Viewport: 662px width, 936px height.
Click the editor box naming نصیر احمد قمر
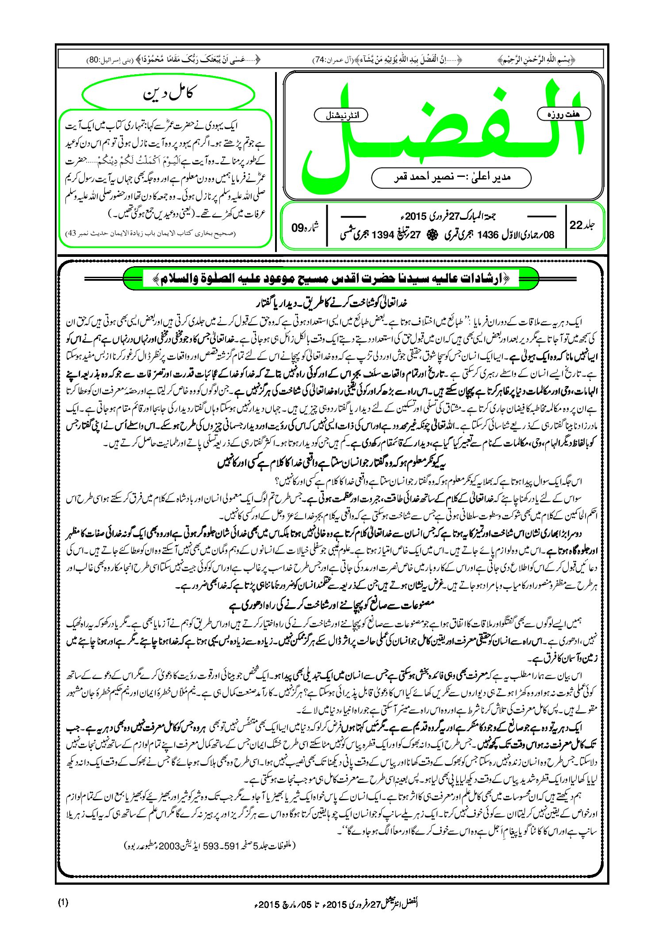pyautogui.click(x=451, y=177)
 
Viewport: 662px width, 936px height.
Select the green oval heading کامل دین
pyautogui.click(x=168, y=94)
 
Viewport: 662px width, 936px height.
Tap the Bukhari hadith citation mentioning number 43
pyautogui.click(x=150, y=233)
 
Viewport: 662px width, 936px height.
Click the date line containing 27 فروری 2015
pyautogui.click(x=447, y=217)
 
